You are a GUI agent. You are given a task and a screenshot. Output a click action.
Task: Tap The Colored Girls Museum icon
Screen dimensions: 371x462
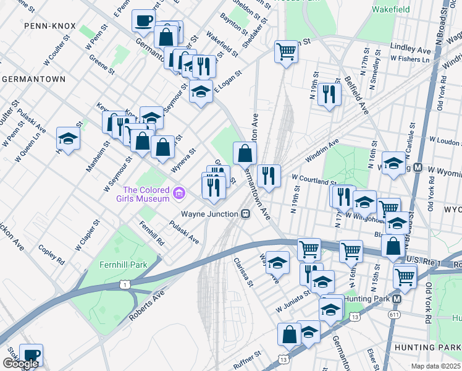(x=179, y=194)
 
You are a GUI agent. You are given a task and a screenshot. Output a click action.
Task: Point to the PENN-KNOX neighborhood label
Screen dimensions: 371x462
(x=49, y=27)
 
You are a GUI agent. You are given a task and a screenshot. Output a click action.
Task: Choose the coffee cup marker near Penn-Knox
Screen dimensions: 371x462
(x=143, y=20)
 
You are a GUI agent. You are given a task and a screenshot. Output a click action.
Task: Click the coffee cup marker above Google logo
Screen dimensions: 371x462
(x=31, y=354)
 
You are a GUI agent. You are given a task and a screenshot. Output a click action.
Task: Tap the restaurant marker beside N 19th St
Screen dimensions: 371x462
(x=329, y=93)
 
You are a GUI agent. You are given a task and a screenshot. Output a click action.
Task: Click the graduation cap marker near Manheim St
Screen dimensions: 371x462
(x=68, y=139)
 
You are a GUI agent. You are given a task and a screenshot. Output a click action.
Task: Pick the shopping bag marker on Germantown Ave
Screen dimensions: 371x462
(x=245, y=152)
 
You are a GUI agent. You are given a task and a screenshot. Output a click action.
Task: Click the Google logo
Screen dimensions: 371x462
(x=20, y=364)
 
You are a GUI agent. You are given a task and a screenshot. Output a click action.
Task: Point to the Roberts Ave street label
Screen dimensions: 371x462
(x=146, y=307)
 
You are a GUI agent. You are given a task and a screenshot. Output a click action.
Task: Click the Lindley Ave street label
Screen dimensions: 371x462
(x=410, y=48)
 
